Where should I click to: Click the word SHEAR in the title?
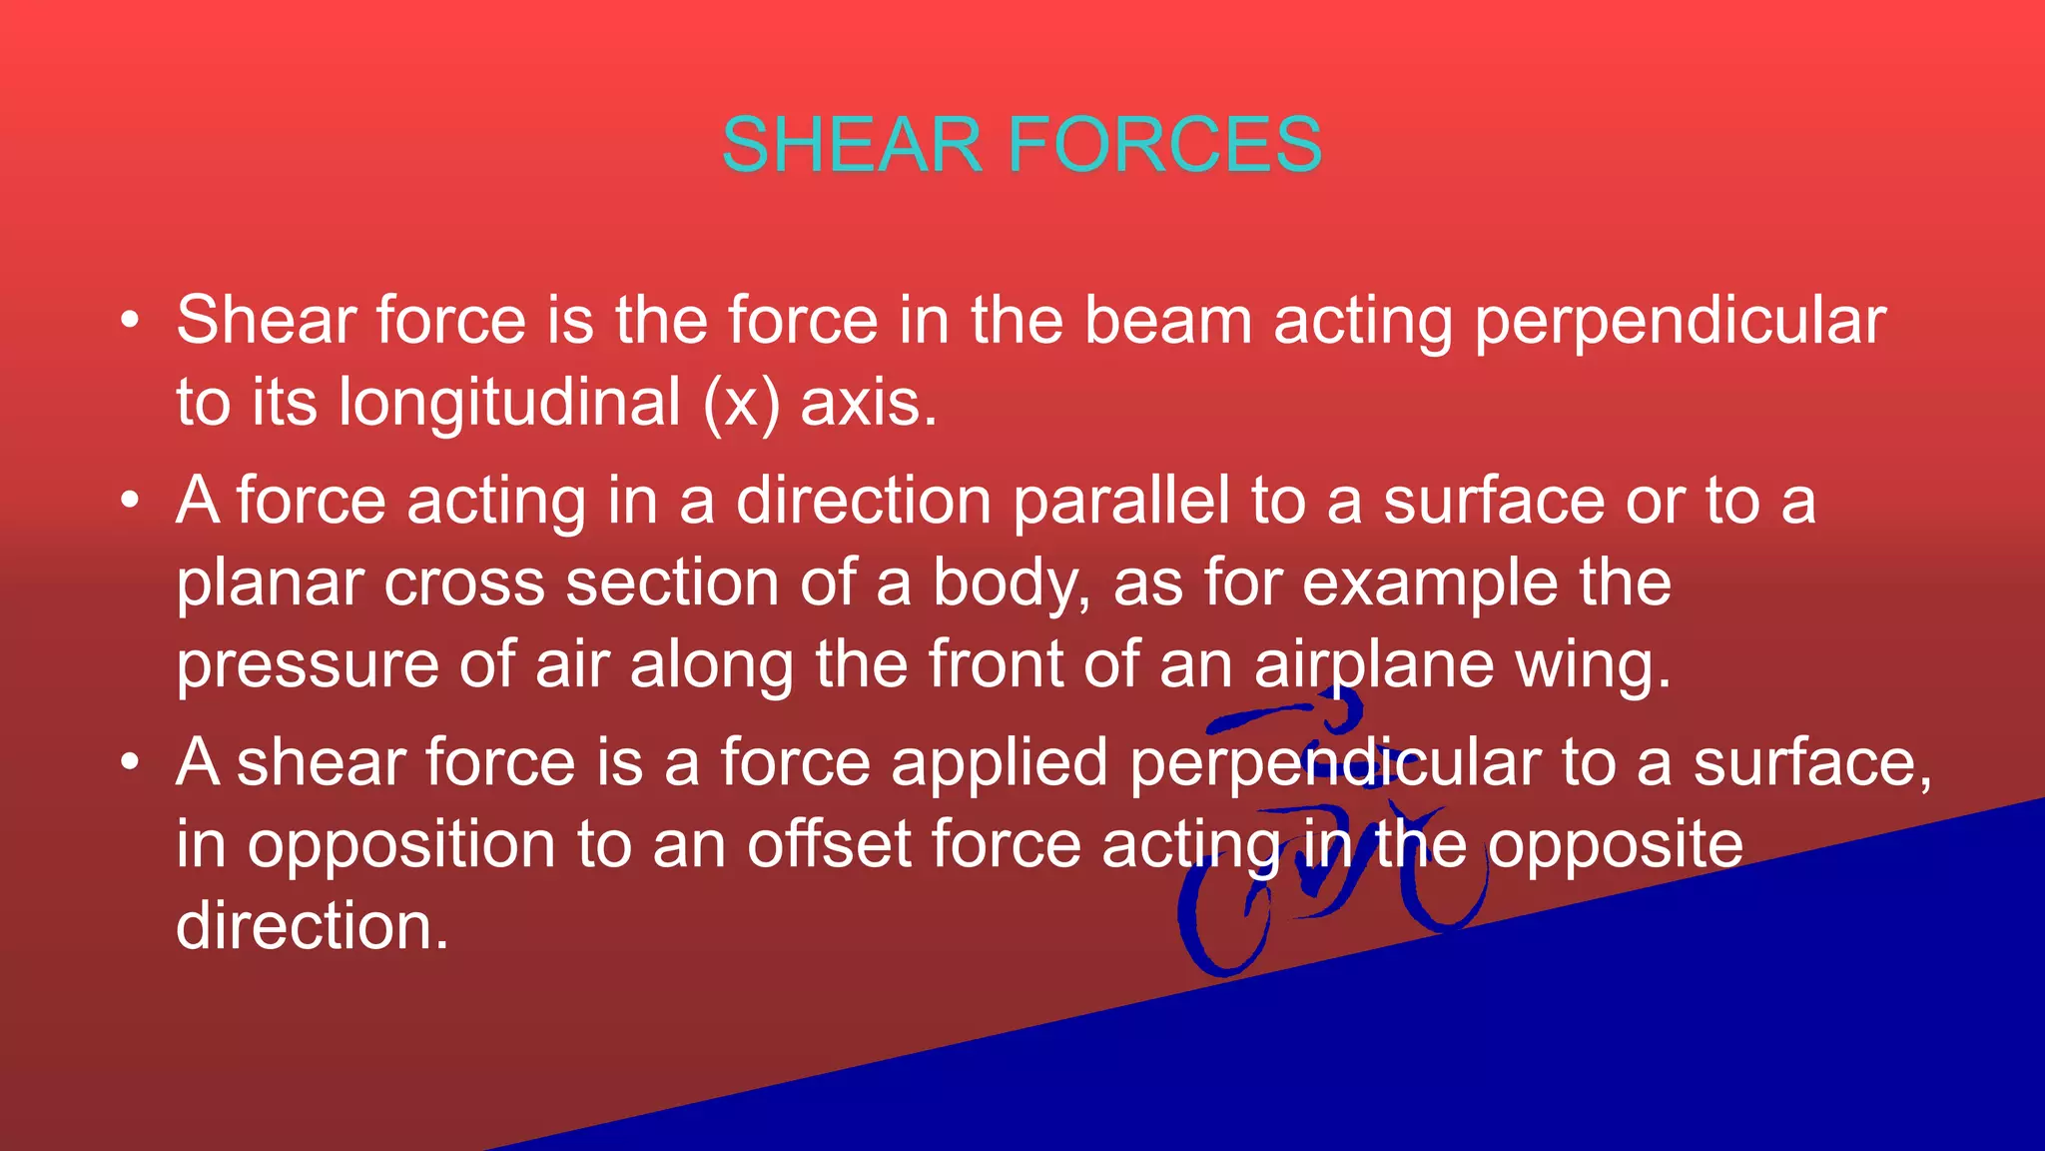coord(852,146)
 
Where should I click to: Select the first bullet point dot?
coord(130,322)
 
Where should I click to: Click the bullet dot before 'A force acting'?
coord(130,501)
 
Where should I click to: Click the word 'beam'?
coord(1167,322)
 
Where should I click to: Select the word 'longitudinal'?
coord(509,404)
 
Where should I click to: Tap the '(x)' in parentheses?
coord(741,404)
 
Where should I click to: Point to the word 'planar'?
coord(270,583)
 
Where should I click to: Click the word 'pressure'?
coord(308,665)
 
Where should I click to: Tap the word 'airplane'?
coord(1374,665)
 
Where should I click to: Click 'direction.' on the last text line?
coord(312,926)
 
